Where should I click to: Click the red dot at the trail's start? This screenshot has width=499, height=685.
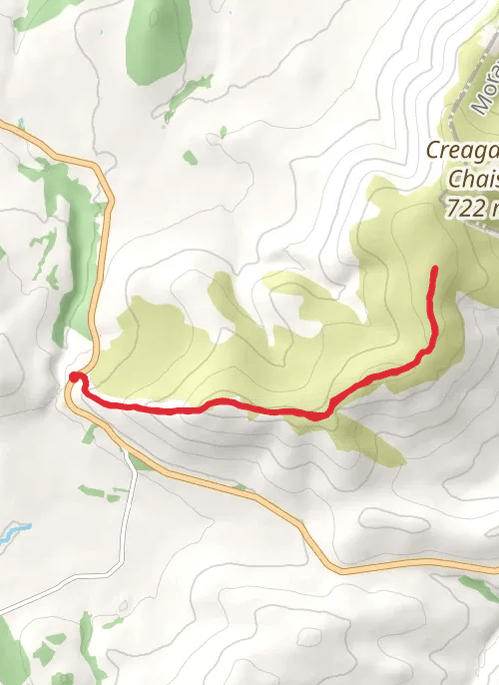click(75, 376)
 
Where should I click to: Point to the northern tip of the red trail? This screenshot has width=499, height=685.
click(435, 270)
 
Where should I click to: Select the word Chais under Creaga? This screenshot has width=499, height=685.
click(473, 180)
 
